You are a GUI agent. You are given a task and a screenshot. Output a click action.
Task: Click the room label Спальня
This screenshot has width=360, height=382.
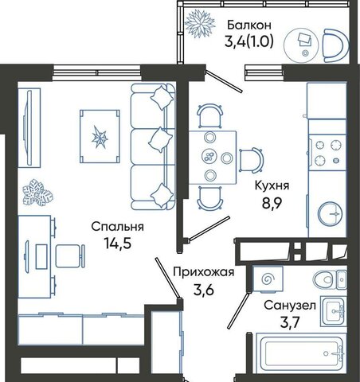(x=118, y=228)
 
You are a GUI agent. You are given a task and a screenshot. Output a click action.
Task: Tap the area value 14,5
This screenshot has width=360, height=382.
(x=118, y=244)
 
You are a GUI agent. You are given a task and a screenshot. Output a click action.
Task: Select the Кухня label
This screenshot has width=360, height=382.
(x=272, y=185)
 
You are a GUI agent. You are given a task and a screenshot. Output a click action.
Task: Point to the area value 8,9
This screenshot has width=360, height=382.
(x=272, y=204)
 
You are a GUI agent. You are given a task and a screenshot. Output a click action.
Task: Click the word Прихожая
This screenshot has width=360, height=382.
(x=204, y=272)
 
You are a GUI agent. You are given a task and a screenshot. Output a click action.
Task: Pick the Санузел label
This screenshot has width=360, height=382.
(x=290, y=306)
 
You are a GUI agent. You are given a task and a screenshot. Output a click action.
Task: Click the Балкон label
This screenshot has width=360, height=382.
(x=249, y=25)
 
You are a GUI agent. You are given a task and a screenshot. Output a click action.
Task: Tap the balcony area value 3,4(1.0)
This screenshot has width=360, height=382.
(x=248, y=41)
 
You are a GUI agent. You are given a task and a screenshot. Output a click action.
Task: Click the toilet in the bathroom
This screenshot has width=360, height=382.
(x=330, y=279)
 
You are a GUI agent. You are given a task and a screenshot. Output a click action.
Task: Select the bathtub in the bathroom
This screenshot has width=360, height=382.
(x=300, y=353)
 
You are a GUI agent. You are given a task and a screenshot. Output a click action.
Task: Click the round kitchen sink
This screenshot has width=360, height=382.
(x=331, y=214)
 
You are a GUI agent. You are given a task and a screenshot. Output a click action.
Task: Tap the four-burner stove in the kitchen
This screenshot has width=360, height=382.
(x=327, y=153)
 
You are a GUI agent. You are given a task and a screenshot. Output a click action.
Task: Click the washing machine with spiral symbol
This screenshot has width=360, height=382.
(x=268, y=279)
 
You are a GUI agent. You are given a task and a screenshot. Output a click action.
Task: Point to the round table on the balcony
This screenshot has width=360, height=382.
(x=301, y=45)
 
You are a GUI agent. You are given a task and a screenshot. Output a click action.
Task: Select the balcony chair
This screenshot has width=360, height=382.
(x=335, y=45)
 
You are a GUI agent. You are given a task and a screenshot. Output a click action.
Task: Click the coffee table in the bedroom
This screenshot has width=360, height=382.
(x=100, y=136)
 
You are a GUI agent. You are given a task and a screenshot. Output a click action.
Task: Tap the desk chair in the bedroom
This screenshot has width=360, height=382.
(x=70, y=256)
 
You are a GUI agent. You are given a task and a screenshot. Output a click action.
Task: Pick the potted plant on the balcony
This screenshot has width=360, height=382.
(x=200, y=24)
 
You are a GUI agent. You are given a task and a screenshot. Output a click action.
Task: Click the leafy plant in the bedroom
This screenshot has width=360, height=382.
(x=37, y=193)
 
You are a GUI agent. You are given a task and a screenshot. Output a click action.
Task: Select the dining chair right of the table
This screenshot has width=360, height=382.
(x=252, y=160)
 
